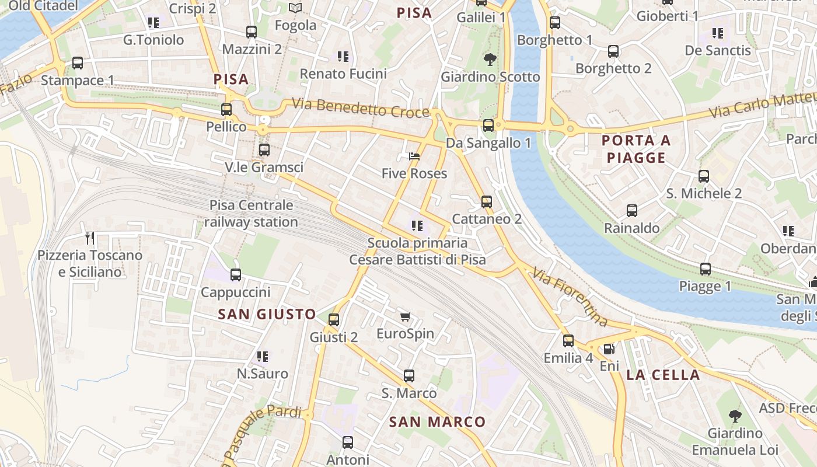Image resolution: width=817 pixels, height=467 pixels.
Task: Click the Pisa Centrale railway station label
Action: [x=251, y=214]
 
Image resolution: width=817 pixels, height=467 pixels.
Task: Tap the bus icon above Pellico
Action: [x=226, y=109]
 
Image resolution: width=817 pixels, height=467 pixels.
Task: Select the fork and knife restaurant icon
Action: [x=90, y=238]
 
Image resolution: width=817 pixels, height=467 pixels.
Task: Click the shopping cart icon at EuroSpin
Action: [x=406, y=316]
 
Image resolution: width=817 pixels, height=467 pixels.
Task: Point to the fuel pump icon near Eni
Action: [x=609, y=349]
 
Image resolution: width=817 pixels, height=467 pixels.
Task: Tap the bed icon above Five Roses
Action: [x=414, y=156]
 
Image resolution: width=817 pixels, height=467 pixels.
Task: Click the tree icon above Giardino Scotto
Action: [x=490, y=59]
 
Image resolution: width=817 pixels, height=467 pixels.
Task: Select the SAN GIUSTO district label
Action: [x=267, y=314]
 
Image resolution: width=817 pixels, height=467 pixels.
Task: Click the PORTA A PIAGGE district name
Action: [x=636, y=149]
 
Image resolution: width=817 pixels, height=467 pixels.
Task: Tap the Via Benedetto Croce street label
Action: [x=361, y=108]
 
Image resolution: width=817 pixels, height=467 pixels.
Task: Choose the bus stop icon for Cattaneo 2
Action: [x=487, y=202]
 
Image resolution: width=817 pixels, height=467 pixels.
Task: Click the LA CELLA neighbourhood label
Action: [x=663, y=375]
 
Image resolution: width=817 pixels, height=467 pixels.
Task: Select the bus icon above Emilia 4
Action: [x=568, y=341]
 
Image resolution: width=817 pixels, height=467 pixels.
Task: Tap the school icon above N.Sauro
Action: [x=263, y=356]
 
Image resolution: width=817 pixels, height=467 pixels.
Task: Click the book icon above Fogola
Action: [x=295, y=8]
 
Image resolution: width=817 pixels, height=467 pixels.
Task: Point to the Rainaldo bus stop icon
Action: [x=632, y=211]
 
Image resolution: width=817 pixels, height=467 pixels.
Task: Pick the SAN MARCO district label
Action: [x=437, y=421]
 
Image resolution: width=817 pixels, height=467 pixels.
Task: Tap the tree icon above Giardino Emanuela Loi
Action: [x=735, y=416]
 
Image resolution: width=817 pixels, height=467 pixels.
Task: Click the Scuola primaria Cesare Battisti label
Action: [x=417, y=251]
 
